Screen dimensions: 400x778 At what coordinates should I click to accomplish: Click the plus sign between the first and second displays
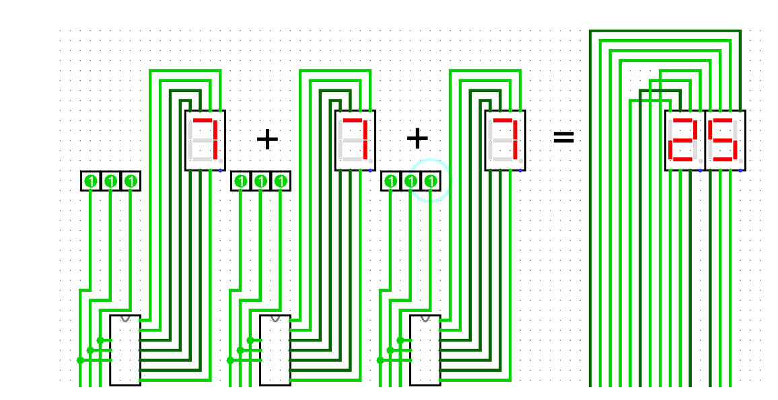pyautogui.click(x=267, y=139)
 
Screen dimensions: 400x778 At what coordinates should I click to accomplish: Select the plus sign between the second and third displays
pyautogui.click(x=417, y=138)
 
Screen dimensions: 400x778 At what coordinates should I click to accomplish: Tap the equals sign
pyautogui.click(x=563, y=137)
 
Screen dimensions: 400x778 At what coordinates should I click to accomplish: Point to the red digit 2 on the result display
pyautogui.click(x=684, y=140)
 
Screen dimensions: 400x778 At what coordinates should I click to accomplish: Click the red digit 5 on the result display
pyautogui.click(x=723, y=140)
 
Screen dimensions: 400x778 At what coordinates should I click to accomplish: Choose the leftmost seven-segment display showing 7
pyautogui.click(x=205, y=140)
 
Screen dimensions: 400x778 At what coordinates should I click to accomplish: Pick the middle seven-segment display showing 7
pyautogui.click(x=355, y=140)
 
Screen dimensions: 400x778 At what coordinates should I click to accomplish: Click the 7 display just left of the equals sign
pyautogui.click(x=505, y=140)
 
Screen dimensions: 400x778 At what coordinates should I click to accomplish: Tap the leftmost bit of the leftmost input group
pyautogui.click(x=91, y=181)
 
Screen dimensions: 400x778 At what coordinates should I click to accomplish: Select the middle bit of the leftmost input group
pyautogui.click(x=111, y=181)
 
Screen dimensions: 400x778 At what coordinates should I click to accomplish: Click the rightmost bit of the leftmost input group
pyautogui.click(x=131, y=181)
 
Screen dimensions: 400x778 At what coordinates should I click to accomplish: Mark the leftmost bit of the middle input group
pyautogui.click(x=241, y=181)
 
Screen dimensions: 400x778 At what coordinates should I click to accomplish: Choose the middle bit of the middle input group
pyautogui.click(x=261, y=181)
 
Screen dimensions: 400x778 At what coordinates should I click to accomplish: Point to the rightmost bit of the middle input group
pyautogui.click(x=281, y=181)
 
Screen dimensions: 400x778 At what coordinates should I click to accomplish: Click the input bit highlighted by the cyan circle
pyautogui.click(x=431, y=181)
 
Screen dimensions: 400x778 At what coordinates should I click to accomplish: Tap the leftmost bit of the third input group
pyautogui.click(x=391, y=181)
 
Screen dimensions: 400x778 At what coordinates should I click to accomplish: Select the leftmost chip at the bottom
pyautogui.click(x=125, y=350)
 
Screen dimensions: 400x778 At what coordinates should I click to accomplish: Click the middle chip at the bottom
pyautogui.click(x=275, y=350)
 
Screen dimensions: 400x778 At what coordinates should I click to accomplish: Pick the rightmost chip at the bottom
pyautogui.click(x=425, y=350)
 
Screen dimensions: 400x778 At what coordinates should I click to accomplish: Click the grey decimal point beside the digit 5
pyautogui.click(x=741, y=161)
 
